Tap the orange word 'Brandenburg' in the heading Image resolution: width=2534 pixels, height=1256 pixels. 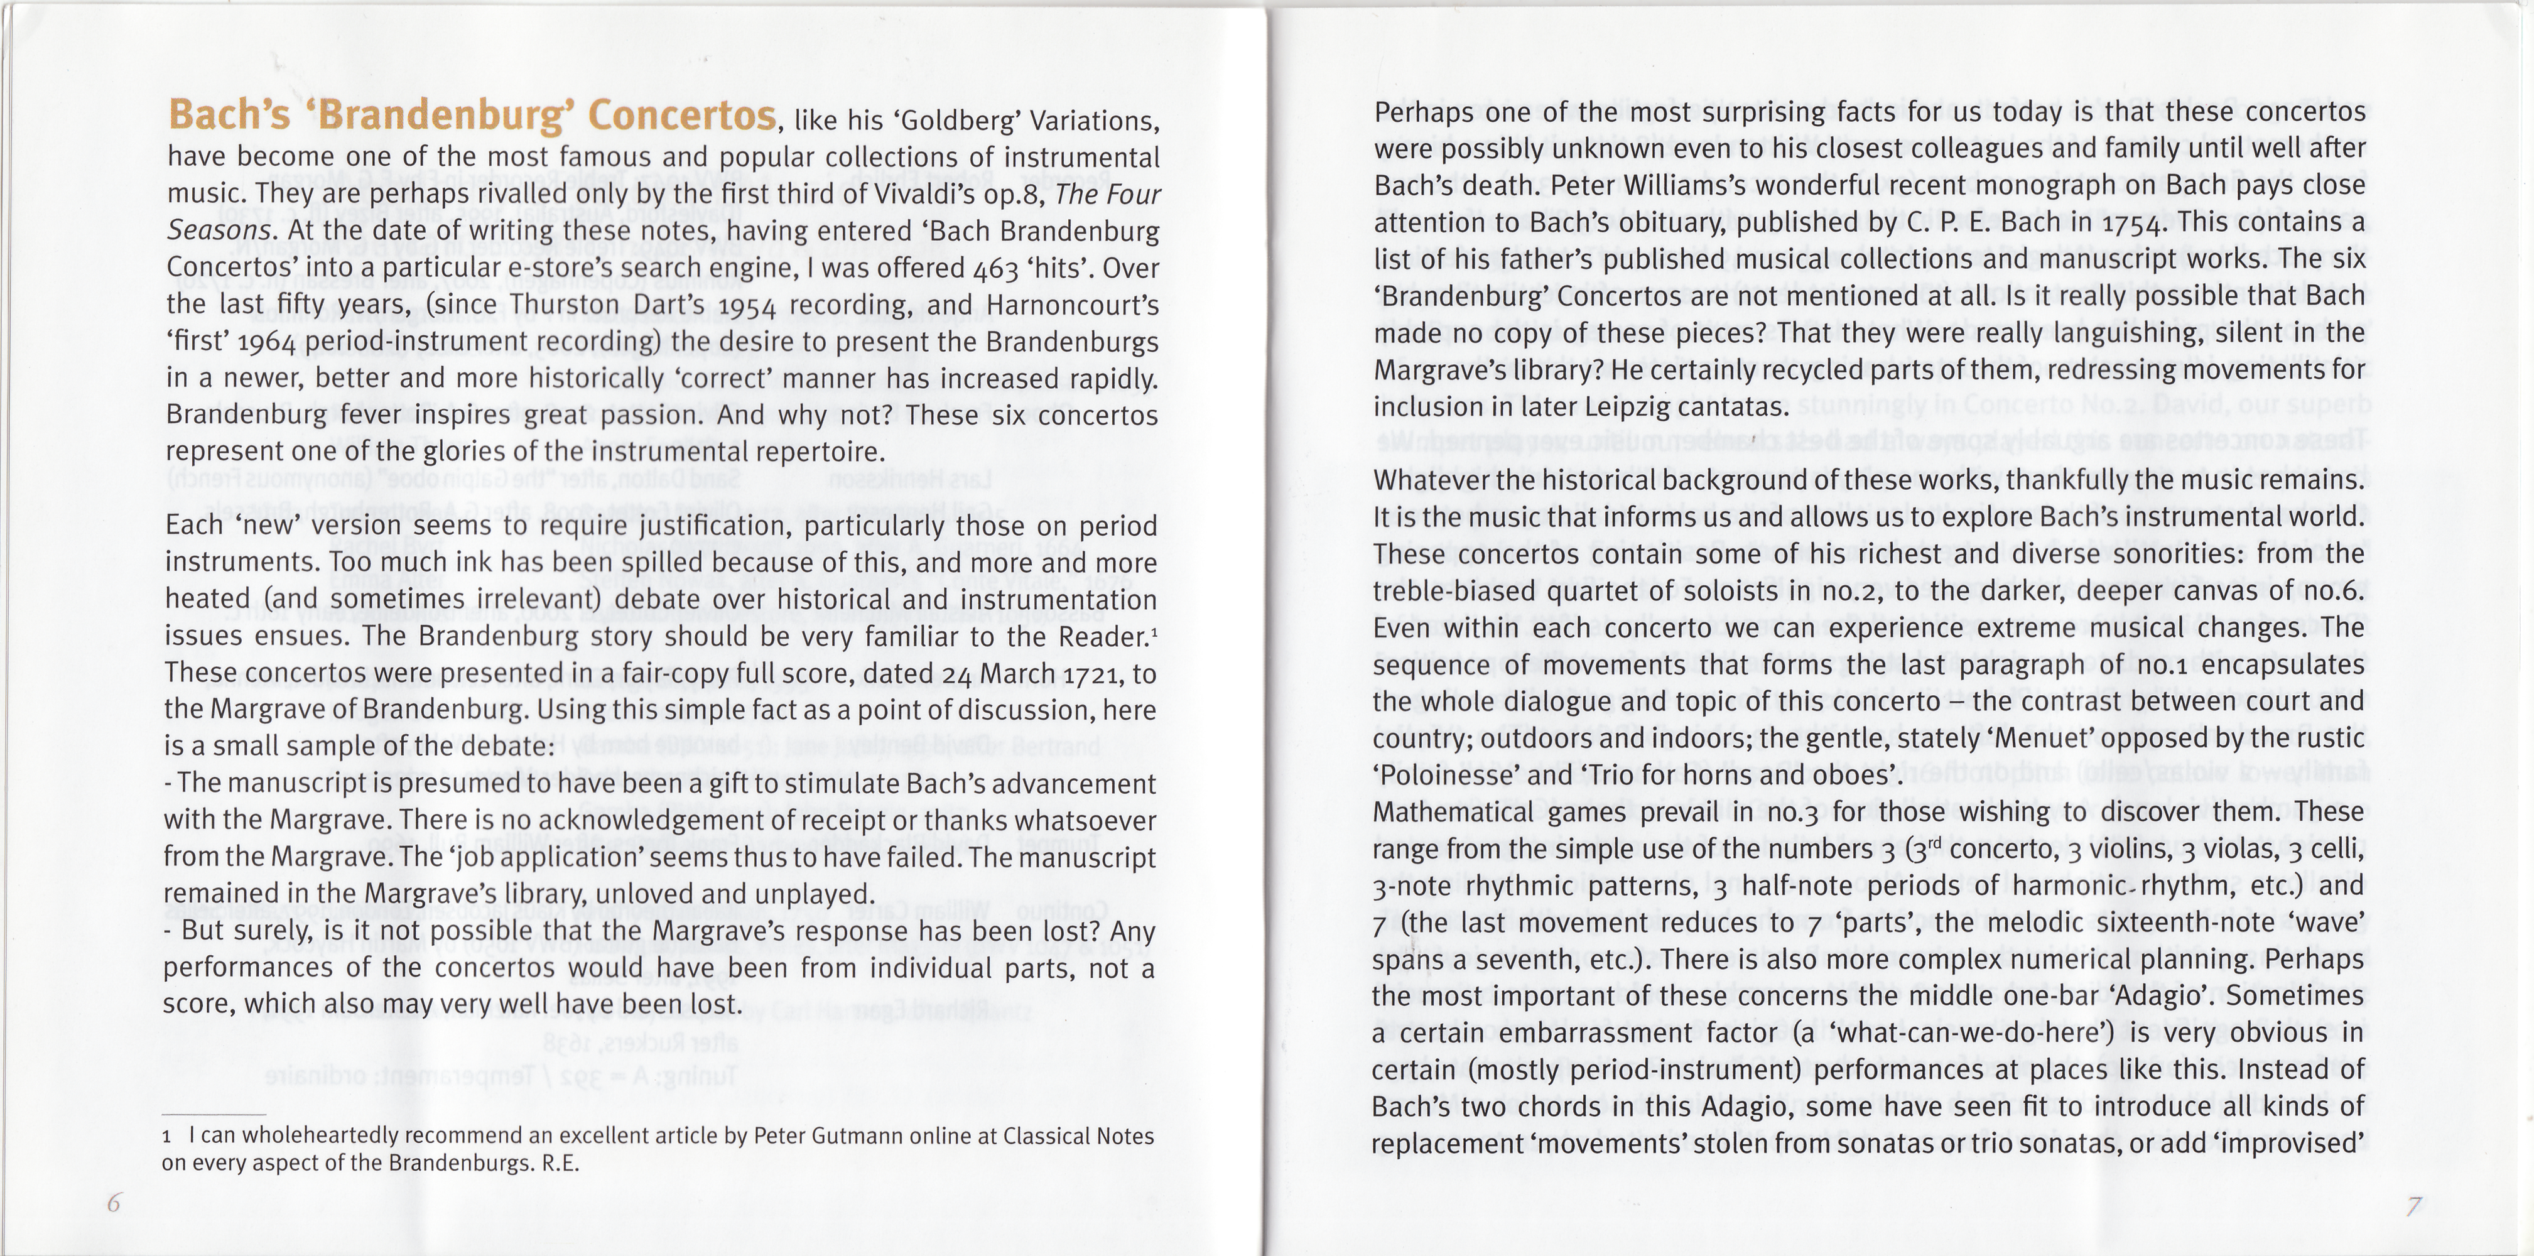point(445,116)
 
